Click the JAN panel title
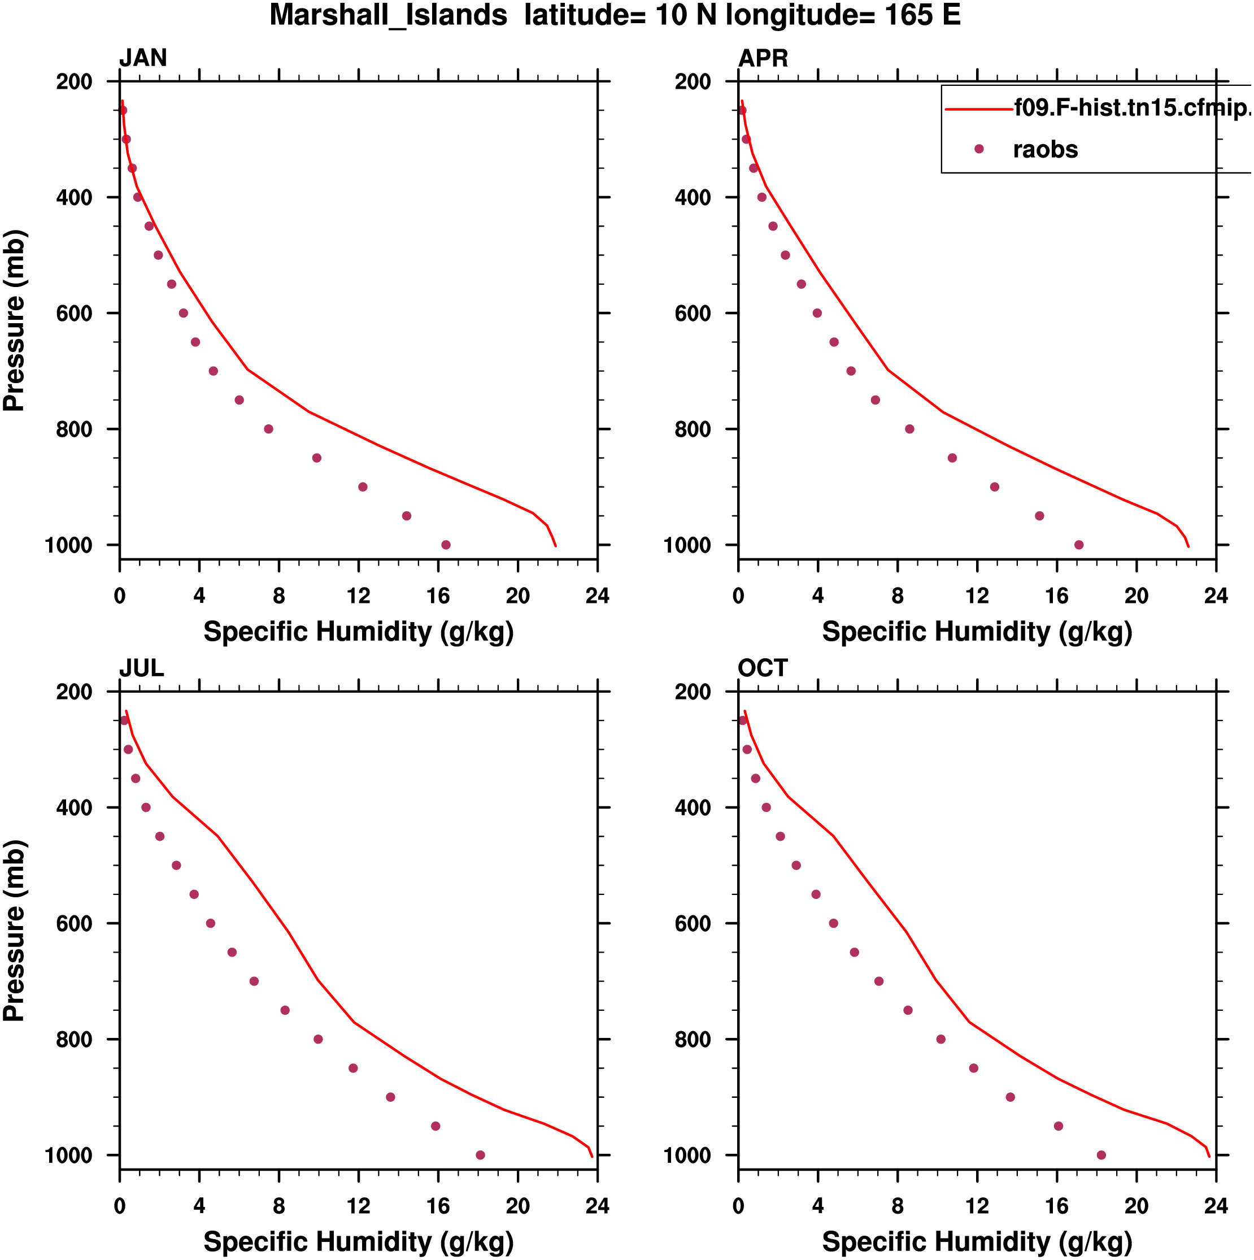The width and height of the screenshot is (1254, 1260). (143, 58)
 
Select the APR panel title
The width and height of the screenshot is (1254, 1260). (763, 58)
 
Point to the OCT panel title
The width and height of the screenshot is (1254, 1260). (763, 668)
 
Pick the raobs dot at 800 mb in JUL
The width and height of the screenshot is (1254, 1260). (318, 1040)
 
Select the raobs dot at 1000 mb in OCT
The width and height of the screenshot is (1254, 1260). (1101, 1155)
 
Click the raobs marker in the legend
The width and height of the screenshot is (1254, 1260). (979, 149)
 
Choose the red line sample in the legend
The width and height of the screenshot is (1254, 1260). (978, 109)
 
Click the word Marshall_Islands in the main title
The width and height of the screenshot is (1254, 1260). (388, 15)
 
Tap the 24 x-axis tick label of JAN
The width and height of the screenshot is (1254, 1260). (597, 596)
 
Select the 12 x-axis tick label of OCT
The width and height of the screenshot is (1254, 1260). (977, 1206)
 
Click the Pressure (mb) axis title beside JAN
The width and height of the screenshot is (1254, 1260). (14, 320)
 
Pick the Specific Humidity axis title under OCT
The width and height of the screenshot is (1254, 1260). (977, 1242)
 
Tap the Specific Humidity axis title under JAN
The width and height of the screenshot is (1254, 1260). (358, 632)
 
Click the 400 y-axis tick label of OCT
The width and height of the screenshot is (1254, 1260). (693, 808)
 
